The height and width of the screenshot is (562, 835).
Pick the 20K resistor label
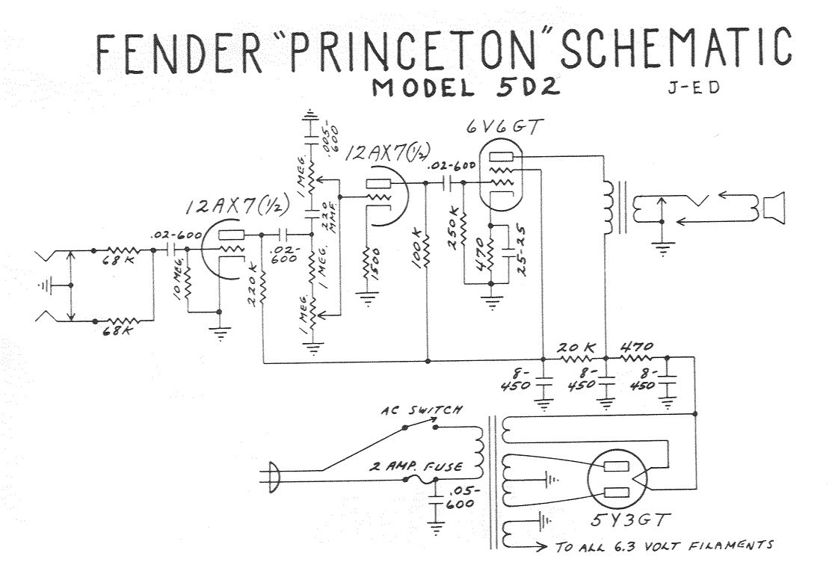(x=576, y=348)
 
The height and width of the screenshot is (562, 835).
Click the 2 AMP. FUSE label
(x=415, y=467)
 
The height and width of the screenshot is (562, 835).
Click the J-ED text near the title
(x=693, y=88)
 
